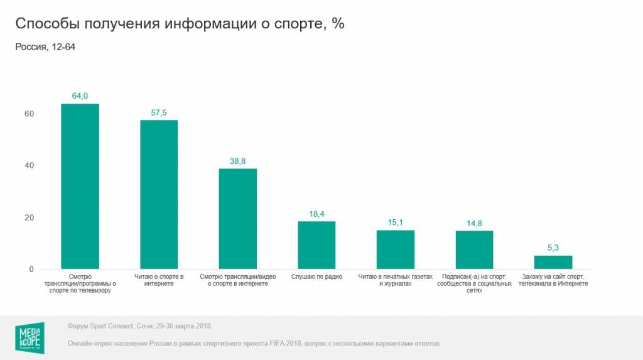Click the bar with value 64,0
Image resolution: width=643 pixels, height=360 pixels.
pyautogui.click(x=80, y=186)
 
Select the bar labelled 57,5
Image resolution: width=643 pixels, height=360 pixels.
pyautogui.click(x=159, y=194)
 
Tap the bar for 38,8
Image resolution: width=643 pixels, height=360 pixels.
pyautogui.click(x=237, y=219)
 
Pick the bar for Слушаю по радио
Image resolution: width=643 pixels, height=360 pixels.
pyautogui.click(x=316, y=245)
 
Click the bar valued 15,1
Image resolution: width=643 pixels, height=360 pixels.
pyautogui.click(x=396, y=249)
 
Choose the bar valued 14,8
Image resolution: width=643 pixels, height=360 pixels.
pyautogui.click(x=474, y=250)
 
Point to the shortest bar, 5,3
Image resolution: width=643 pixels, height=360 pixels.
pyautogui.click(x=553, y=262)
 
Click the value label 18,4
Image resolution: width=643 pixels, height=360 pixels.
pyautogui.click(x=316, y=214)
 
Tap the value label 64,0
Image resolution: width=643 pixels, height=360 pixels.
pyautogui.click(x=80, y=96)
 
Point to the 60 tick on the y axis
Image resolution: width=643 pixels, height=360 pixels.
pyautogui.click(x=29, y=114)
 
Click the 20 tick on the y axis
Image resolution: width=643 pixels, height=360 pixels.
pyautogui.click(x=29, y=217)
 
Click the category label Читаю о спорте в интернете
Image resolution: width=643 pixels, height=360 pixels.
pyautogui.click(x=159, y=280)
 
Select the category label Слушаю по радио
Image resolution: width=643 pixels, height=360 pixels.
pyautogui.click(x=316, y=276)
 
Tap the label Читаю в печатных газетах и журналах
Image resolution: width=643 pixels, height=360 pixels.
pyautogui.click(x=396, y=280)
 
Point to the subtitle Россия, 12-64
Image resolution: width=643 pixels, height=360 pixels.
pyautogui.click(x=45, y=48)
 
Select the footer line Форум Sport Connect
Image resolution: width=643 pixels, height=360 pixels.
pyautogui.click(x=139, y=326)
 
